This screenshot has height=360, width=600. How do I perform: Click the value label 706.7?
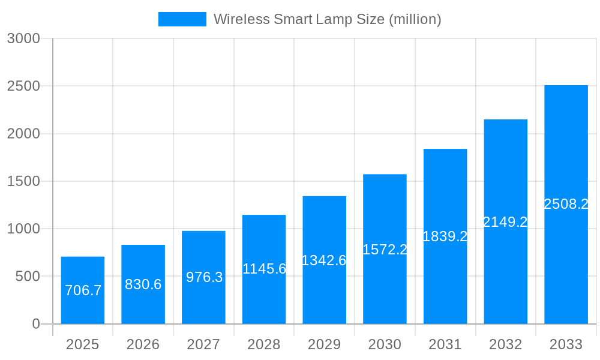83,290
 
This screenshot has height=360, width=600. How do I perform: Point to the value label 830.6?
143,284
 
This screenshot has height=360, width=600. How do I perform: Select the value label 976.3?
204,277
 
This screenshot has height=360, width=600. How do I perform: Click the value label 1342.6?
324,260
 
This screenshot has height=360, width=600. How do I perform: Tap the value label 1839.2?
445,236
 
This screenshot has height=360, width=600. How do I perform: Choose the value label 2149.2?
505,222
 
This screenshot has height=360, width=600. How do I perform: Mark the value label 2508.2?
566,204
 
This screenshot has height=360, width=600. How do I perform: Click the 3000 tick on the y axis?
23,38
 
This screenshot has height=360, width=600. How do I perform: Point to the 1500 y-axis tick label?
23,181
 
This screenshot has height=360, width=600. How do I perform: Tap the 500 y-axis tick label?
28,277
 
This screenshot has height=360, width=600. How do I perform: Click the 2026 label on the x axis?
143,344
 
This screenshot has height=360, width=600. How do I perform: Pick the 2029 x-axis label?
324,344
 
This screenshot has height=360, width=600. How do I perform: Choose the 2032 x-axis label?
505,344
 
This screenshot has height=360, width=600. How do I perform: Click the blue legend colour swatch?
182,19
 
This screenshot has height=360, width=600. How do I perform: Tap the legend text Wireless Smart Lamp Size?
327,19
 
